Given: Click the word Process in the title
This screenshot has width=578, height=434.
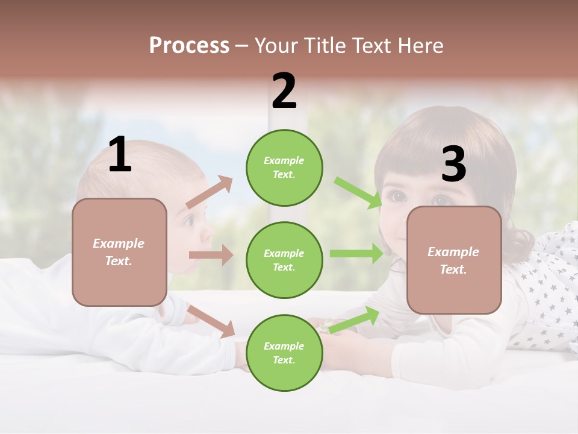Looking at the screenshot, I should tap(189, 46).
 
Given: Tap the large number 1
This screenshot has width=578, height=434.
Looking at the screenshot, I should tap(120, 156).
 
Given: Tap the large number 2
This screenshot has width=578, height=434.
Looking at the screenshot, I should tap(284, 91).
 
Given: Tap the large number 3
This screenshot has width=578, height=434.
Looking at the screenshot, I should tap(453, 164).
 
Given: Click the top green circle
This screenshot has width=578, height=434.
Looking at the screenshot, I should tap(284, 168).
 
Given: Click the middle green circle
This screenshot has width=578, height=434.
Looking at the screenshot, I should tap(284, 260).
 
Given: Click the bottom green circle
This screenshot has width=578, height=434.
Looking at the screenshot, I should tap(284, 353).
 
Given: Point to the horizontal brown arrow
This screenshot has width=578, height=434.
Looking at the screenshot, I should tap(211, 255).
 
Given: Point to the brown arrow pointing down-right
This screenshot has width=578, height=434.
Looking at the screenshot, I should tap(211, 321).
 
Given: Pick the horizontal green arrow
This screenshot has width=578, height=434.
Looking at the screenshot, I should tap(356, 254).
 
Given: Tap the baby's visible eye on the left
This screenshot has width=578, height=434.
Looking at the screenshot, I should tap(188, 221).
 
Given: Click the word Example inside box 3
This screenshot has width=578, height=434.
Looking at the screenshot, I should tap(453, 252).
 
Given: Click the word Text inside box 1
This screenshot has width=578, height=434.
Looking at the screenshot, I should tap(118, 261).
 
